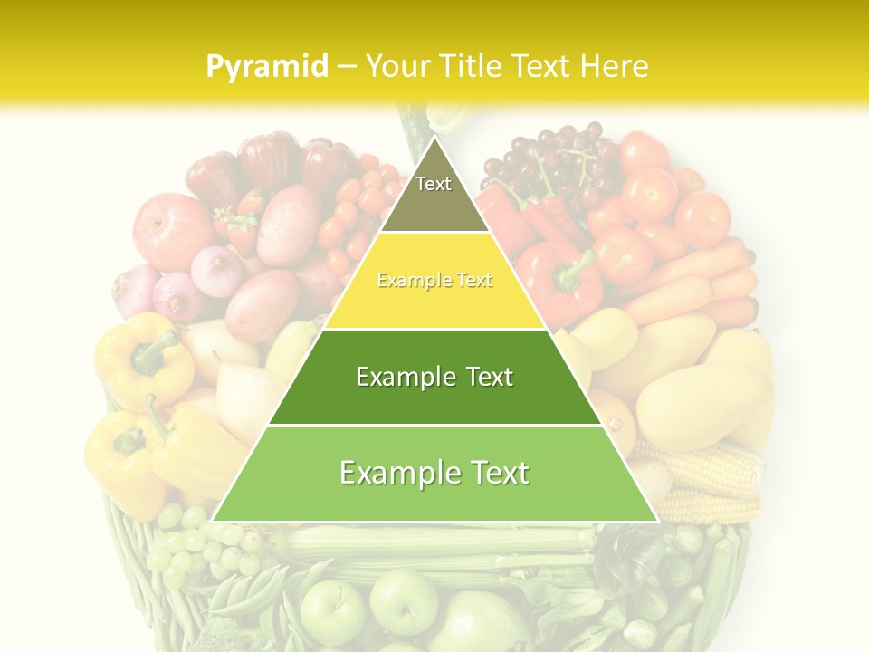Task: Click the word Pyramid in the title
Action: click(267, 66)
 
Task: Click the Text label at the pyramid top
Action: click(434, 184)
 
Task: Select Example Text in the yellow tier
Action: click(434, 281)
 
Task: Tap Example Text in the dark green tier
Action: click(434, 377)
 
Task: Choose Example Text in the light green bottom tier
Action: click(434, 473)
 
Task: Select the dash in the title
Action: click(346, 67)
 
